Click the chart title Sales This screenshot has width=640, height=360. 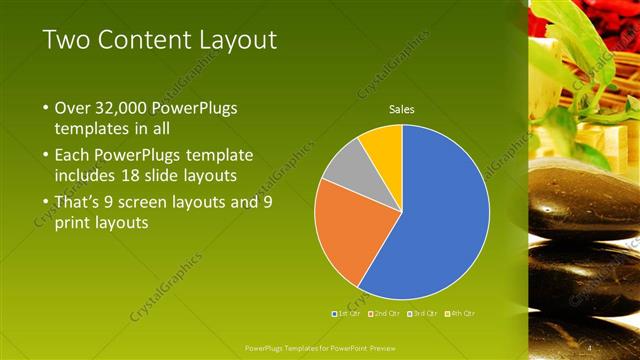coord(401,109)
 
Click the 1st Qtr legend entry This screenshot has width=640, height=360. coord(346,313)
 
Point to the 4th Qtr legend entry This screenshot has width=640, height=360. coord(459,313)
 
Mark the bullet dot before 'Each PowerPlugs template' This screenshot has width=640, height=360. coord(46,155)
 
